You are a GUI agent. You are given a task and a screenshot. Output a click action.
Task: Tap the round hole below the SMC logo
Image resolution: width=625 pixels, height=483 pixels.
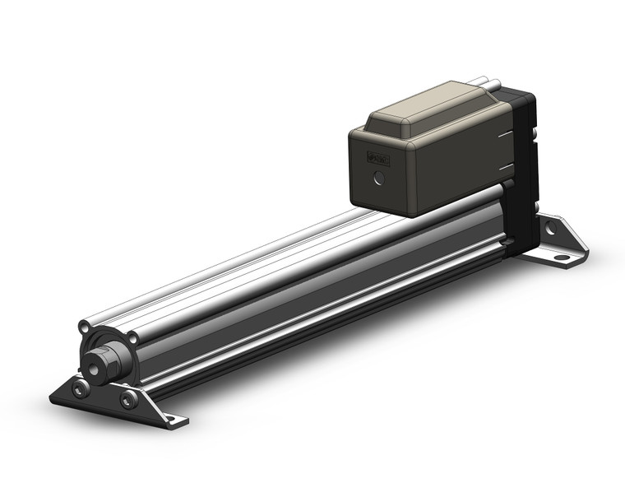click(378, 178)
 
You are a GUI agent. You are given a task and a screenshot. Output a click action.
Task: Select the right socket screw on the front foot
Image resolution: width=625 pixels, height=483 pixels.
click(128, 400)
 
